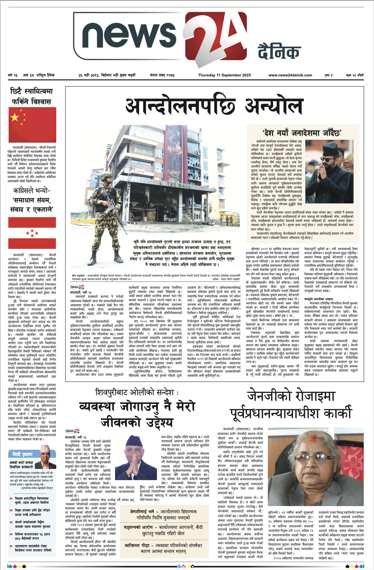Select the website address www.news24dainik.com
coord(290,75)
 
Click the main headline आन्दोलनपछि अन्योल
coord(214,106)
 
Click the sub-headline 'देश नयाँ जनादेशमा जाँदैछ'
coord(302,132)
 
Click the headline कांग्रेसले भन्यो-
coord(32,191)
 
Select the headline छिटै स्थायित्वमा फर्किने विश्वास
coord(31,96)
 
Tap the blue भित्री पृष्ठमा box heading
coord(23,454)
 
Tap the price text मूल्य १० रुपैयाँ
coord(355,75)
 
